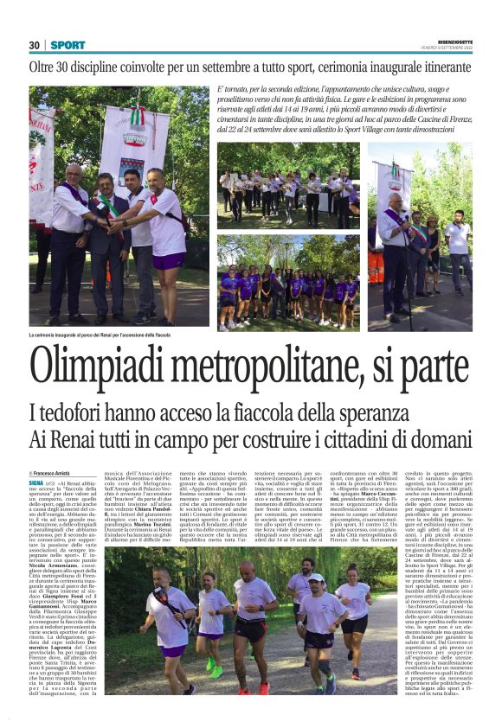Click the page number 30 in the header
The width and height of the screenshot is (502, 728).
35,45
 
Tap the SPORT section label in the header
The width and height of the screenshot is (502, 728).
67,45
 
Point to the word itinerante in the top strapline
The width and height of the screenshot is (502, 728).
435,67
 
